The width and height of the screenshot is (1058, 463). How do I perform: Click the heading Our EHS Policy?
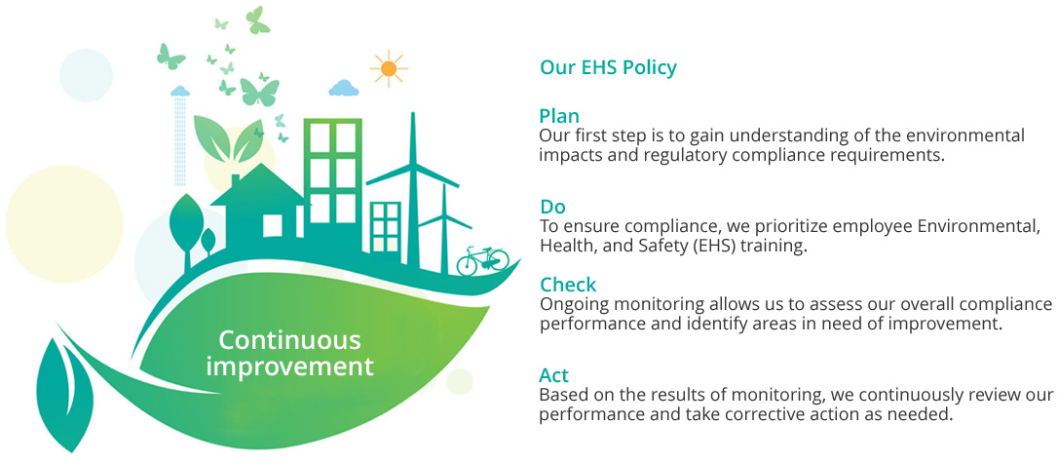tap(608, 68)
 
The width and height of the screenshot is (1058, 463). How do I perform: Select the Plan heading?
tap(559, 115)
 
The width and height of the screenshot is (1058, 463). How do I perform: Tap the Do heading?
tap(552, 206)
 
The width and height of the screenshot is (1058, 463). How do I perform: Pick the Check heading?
tap(568, 285)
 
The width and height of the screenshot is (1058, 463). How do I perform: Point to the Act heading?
tap(554, 375)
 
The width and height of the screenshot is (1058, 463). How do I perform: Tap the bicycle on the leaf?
tap(482, 260)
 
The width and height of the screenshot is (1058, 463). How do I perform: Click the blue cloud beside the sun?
tap(344, 88)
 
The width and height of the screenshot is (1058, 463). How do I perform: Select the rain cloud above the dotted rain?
tap(179, 91)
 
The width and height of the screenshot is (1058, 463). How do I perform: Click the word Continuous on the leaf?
tap(289, 341)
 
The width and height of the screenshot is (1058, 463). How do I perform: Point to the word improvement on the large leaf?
tap(289, 367)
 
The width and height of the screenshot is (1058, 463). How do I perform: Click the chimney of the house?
tap(235, 181)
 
